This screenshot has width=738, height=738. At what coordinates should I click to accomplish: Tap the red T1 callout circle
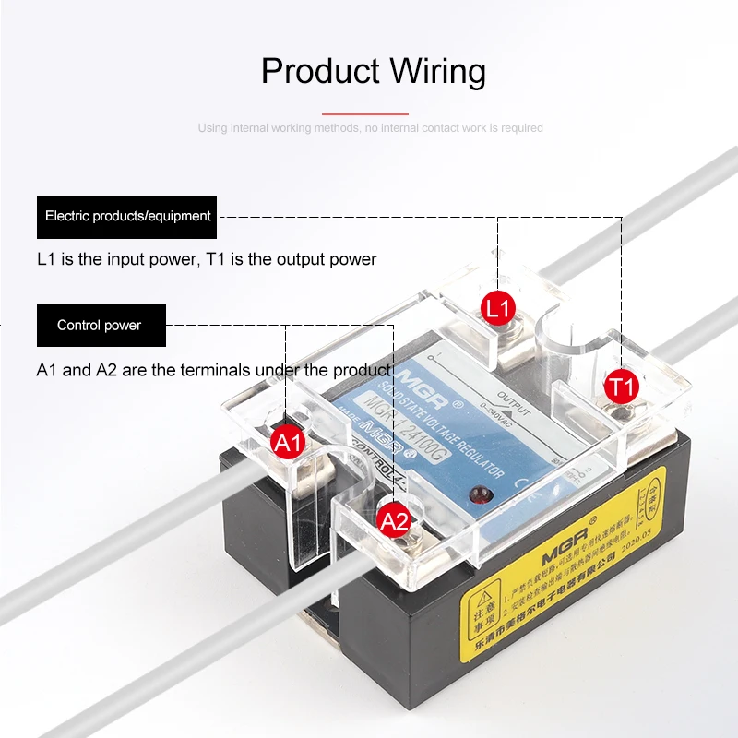click(x=622, y=387)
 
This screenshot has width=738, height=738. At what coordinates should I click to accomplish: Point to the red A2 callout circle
click(x=395, y=521)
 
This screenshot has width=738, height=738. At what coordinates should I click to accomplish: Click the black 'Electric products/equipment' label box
click(x=127, y=217)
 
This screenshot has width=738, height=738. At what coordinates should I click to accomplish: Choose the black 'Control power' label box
click(x=101, y=325)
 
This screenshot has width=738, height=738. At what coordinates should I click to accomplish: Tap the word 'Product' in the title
click(x=319, y=71)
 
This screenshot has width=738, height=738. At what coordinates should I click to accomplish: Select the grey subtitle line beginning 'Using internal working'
click(x=371, y=128)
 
